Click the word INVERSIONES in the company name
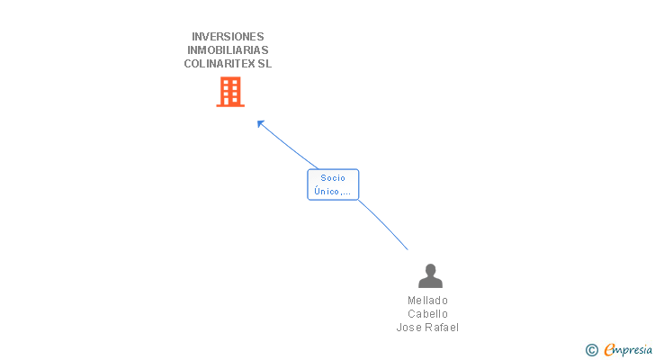tap(228, 37)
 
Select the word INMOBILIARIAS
tap(228, 50)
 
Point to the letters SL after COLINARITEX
tap(265, 64)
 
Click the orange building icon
tap(230, 92)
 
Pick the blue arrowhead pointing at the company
tap(260, 123)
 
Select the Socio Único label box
tap(333, 184)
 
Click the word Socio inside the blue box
tap(333, 178)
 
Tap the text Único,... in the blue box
tap(333, 191)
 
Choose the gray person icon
tap(430, 276)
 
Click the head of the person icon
tap(430, 270)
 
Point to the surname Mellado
tap(427, 301)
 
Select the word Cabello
tap(427, 314)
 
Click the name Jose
tap(409, 328)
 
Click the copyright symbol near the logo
tap(592, 350)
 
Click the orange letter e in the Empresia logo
tap(609, 350)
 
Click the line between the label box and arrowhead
tap(288, 146)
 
